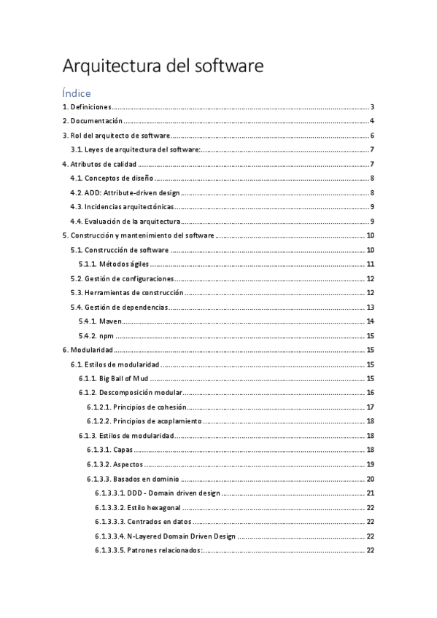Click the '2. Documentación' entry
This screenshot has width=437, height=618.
[x=91, y=121]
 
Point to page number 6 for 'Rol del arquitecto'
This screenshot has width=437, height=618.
[x=372, y=136]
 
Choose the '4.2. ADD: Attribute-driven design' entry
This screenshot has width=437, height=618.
[x=125, y=192]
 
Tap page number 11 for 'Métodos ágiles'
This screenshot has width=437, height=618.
[x=371, y=264]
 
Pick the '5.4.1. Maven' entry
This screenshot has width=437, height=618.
[x=101, y=321]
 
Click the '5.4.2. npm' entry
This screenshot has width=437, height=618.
[x=96, y=336]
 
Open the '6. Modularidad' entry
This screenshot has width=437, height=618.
[x=86, y=350]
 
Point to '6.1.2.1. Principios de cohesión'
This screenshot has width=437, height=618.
[x=137, y=407]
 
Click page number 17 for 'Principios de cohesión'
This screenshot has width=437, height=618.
[x=371, y=407]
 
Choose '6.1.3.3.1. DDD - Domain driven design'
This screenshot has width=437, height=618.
[x=158, y=493]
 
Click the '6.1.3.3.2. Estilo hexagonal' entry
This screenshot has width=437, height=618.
[x=139, y=507]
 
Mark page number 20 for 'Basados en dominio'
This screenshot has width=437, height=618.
[x=371, y=479]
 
